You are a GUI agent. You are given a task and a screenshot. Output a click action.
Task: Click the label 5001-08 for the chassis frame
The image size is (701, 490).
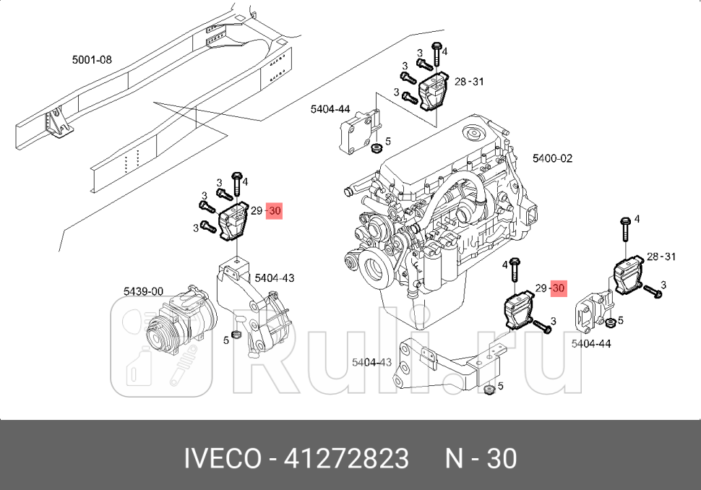(x=92, y=60)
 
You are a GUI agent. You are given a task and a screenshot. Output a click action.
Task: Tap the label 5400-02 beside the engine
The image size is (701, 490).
(x=552, y=158)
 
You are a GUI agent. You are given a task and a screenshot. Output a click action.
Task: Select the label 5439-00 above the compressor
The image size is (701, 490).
(x=142, y=291)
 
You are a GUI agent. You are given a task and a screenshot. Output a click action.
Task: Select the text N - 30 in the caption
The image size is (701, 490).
(x=480, y=458)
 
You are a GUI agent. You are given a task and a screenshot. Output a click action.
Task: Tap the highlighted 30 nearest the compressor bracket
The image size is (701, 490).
(x=274, y=211)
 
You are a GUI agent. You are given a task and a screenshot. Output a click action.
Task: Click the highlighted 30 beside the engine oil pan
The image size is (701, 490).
(x=558, y=288)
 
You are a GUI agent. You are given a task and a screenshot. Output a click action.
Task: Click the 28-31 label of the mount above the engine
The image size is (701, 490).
(x=468, y=82)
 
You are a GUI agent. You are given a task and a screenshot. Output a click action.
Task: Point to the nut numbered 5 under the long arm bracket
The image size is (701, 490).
(x=489, y=390)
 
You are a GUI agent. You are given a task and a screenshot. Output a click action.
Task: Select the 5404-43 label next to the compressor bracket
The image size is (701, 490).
(x=274, y=278)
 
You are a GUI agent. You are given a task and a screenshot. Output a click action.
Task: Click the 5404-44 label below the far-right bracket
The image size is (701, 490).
(x=590, y=344)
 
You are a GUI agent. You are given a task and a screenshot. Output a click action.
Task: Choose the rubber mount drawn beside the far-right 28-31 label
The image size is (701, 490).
(x=628, y=276)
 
